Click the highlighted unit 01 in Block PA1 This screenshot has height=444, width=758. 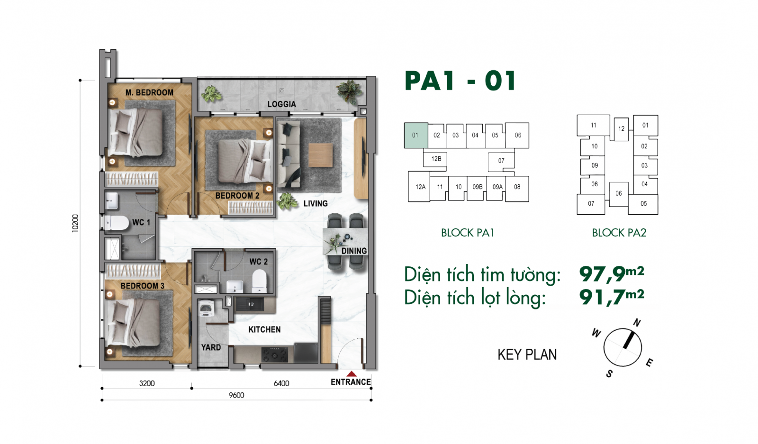(x=416, y=136)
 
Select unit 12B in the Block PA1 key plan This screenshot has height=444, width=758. (x=436, y=159)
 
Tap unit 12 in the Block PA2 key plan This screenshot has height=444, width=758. (x=621, y=129)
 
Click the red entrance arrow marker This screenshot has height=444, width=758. (x=352, y=373)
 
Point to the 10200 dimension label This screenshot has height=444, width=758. (x=75, y=223)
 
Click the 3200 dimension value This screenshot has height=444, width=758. (x=147, y=383)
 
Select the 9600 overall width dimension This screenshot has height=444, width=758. (x=236, y=395)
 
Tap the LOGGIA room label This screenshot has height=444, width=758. (x=281, y=104)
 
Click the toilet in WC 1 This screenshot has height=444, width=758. (x=117, y=223)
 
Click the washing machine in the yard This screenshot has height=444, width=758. (x=206, y=308)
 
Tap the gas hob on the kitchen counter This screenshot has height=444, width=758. (x=274, y=354)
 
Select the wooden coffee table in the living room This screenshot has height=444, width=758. (x=320, y=155)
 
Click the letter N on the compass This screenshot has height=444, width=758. (x=637, y=323)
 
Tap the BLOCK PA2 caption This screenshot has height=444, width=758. (x=619, y=233)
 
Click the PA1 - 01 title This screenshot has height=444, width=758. (x=460, y=81)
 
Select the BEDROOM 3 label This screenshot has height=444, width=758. (x=142, y=286)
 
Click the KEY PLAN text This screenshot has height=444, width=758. (x=527, y=354)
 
